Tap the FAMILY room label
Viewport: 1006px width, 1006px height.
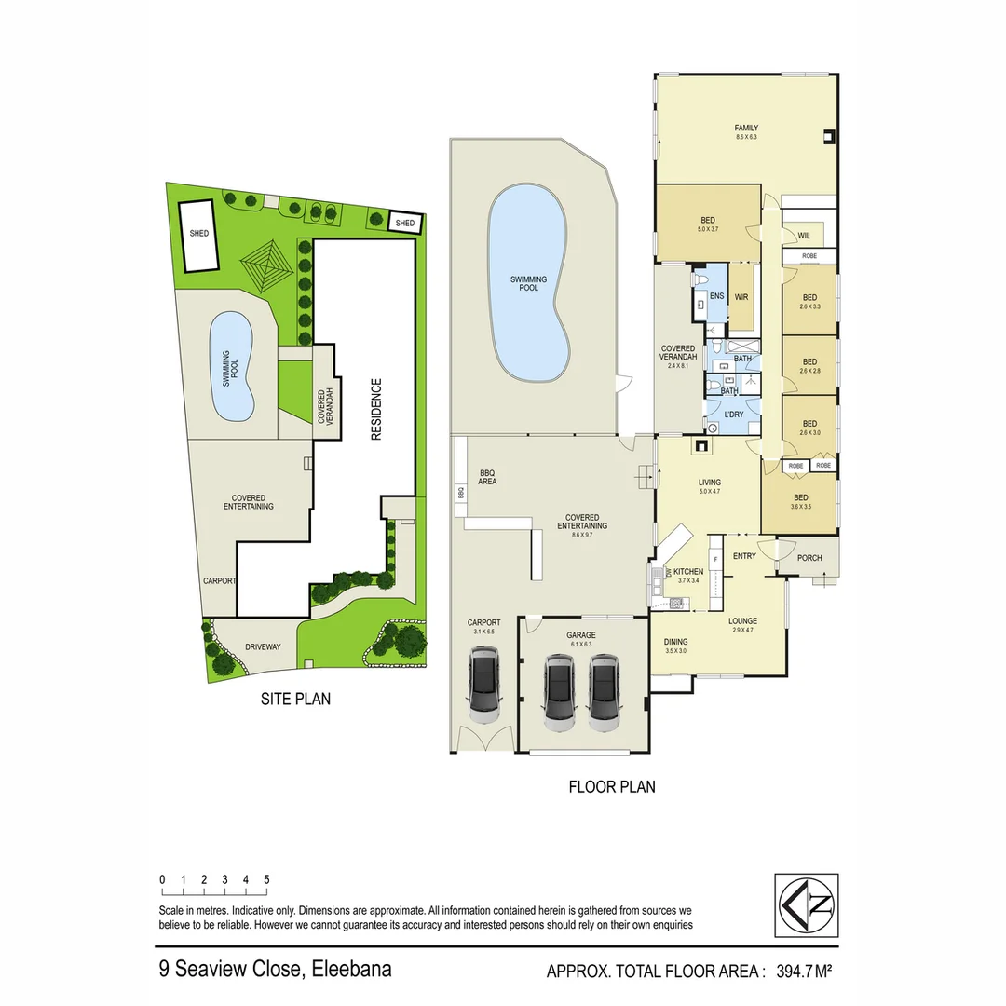745,128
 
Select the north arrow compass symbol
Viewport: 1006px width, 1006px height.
806,904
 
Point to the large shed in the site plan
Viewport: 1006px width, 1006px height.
199,235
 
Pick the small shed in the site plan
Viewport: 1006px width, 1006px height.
404,223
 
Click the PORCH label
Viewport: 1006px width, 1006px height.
809,557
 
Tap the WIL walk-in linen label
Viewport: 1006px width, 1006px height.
804,236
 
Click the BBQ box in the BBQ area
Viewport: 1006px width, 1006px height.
460,494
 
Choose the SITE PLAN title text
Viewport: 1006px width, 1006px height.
295,698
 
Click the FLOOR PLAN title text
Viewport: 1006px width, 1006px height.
611,786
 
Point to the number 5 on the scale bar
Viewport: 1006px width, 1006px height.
266,878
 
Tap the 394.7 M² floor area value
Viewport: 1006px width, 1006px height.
797,972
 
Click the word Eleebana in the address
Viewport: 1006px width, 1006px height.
351,969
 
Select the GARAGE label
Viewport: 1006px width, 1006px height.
581,635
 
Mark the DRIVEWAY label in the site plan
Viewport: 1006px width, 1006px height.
263,646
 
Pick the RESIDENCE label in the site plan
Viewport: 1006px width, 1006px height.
376,409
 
